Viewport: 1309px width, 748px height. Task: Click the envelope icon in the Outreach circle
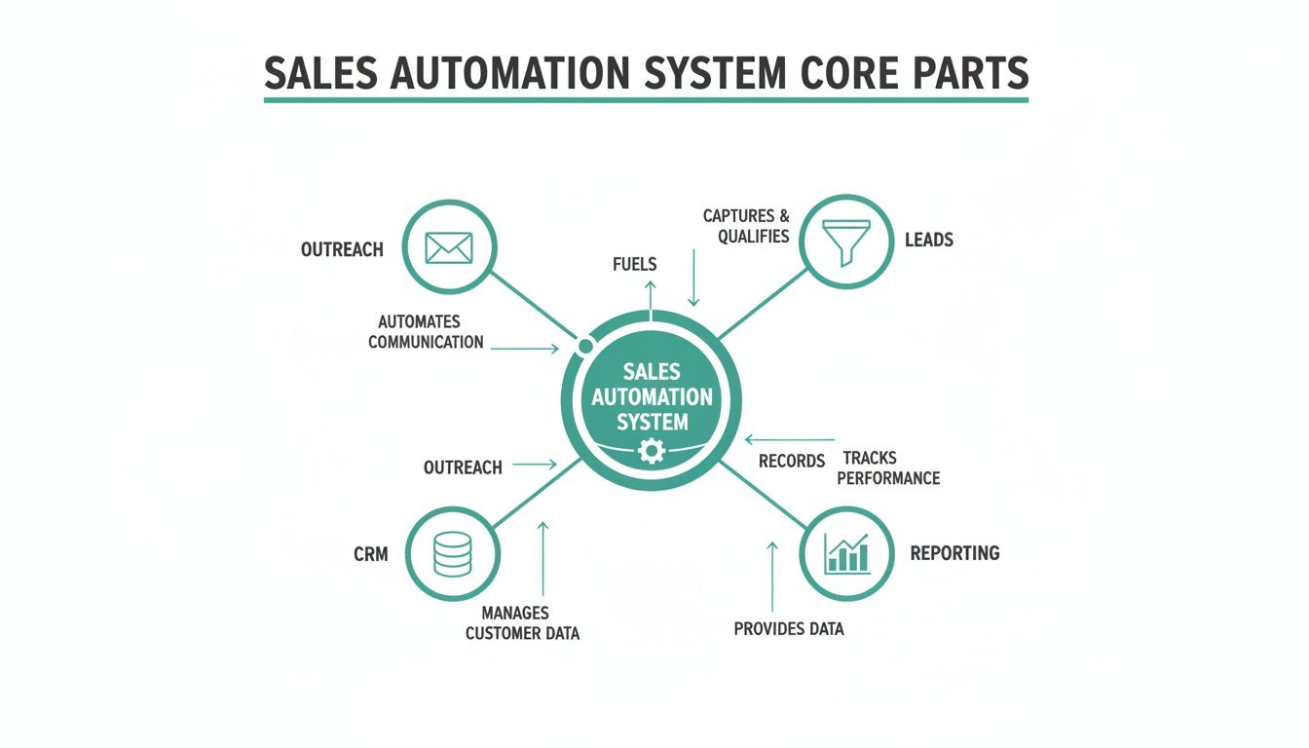[449, 247]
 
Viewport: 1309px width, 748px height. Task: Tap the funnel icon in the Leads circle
[846, 240]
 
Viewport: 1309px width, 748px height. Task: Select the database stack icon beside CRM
[452, 553]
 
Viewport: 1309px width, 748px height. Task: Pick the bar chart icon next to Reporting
[846, 552]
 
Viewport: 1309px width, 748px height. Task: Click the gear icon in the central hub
[651, 450]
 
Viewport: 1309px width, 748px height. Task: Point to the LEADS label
[928, 240]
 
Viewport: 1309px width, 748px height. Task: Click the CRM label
[371, 554]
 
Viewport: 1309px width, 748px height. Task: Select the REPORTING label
[954, 552]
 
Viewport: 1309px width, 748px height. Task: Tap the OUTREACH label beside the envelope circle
[342, 249]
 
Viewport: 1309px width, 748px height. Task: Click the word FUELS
[635, 264]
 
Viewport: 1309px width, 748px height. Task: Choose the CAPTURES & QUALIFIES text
[746, 226]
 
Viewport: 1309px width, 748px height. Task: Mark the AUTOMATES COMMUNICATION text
[426, 332]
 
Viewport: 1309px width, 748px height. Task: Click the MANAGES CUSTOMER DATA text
[522, 623]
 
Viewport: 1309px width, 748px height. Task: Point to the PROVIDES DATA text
[788, 629]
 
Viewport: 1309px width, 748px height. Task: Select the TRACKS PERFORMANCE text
[887, 468]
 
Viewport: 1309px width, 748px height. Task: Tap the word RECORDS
[792, 461]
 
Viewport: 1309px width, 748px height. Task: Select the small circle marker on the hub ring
[585, 347]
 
